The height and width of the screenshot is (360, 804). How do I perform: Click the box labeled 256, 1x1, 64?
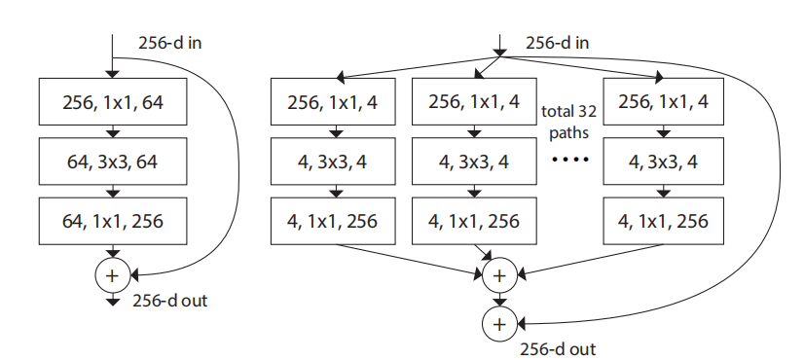[111, 102]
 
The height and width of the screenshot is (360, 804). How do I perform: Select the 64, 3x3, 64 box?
[111, 162]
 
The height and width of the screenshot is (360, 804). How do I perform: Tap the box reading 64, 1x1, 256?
[111, 221]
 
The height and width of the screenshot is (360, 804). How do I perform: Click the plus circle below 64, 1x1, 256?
[111, 275]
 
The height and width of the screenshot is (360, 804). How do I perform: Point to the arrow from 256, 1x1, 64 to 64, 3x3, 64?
[111, 132]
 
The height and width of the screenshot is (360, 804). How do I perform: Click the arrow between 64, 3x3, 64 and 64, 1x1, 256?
[111, 192]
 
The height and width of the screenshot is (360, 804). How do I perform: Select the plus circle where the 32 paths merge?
[499, 275]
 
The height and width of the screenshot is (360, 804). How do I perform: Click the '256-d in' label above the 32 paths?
[558, 44]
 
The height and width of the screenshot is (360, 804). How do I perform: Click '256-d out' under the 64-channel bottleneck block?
[169, 301]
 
